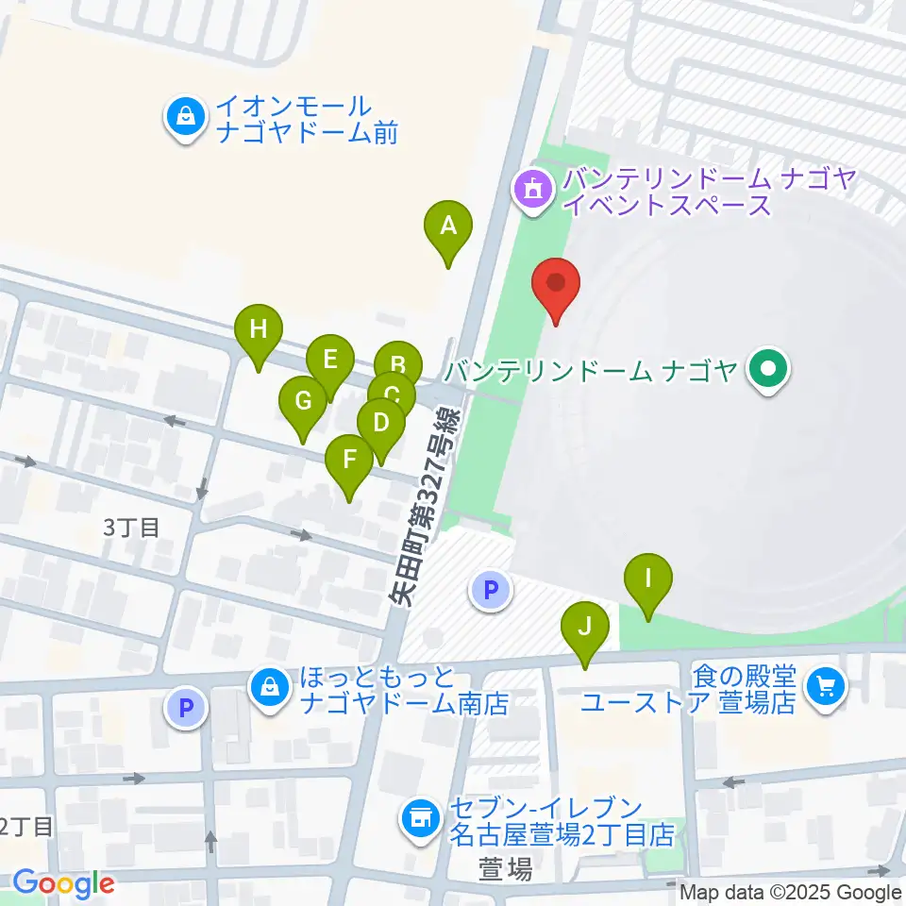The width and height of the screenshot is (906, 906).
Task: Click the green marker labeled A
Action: tap(448, 227)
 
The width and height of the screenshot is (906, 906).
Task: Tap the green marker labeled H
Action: tap(260, 330)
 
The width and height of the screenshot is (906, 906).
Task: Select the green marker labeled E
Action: tap(330, 361)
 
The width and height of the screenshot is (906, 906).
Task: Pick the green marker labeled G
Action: tap(303, 402)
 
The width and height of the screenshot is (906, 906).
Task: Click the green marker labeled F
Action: tap(349, 461)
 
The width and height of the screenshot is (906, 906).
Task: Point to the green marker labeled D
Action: tap(380, 423)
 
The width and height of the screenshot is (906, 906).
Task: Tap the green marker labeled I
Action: tap(647, 578)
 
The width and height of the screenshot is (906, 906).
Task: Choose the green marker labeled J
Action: tap(585, 627)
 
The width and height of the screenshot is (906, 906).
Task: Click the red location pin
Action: tap(556, 283)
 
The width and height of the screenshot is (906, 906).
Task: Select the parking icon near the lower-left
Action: tap(186, 707)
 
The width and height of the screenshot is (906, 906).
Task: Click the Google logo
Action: tap(62, 883)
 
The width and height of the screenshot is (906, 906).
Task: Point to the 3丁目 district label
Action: tap(131, 528)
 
